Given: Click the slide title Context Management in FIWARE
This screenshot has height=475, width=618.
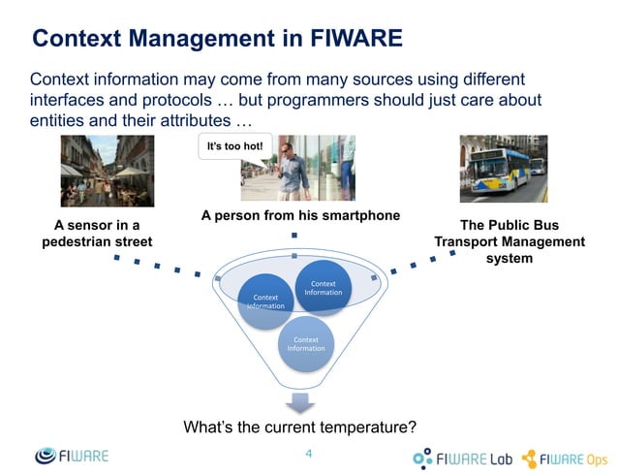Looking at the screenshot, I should pyautogui.click(x=217, y=39).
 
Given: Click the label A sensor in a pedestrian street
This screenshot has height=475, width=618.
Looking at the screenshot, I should pyautogui.click(x=97, y=233).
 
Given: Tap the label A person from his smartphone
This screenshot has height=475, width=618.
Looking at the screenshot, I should pyautogui.click(x=300, y=215).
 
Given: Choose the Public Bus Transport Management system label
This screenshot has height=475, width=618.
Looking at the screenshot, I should pyautogui.click(x=510, y=241).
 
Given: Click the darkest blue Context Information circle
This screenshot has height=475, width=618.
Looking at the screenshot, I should pyautogui.click(x=323, y=287).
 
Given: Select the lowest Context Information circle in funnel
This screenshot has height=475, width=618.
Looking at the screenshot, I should pyautogui.click(x=306, y=344).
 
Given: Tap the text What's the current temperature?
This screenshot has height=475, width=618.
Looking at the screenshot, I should pyautogui.click(x=300, y=427).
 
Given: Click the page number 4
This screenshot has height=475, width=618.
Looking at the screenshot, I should pyautogui.click(x=309, y=453).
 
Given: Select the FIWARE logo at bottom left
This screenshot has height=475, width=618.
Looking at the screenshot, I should pyautogui.click(x=73, y=456).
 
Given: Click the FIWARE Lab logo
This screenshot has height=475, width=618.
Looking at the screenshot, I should pyautogui.click(x=463, y=458).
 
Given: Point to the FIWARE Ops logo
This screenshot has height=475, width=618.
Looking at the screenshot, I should pyautogui.click(x=566, y=458).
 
